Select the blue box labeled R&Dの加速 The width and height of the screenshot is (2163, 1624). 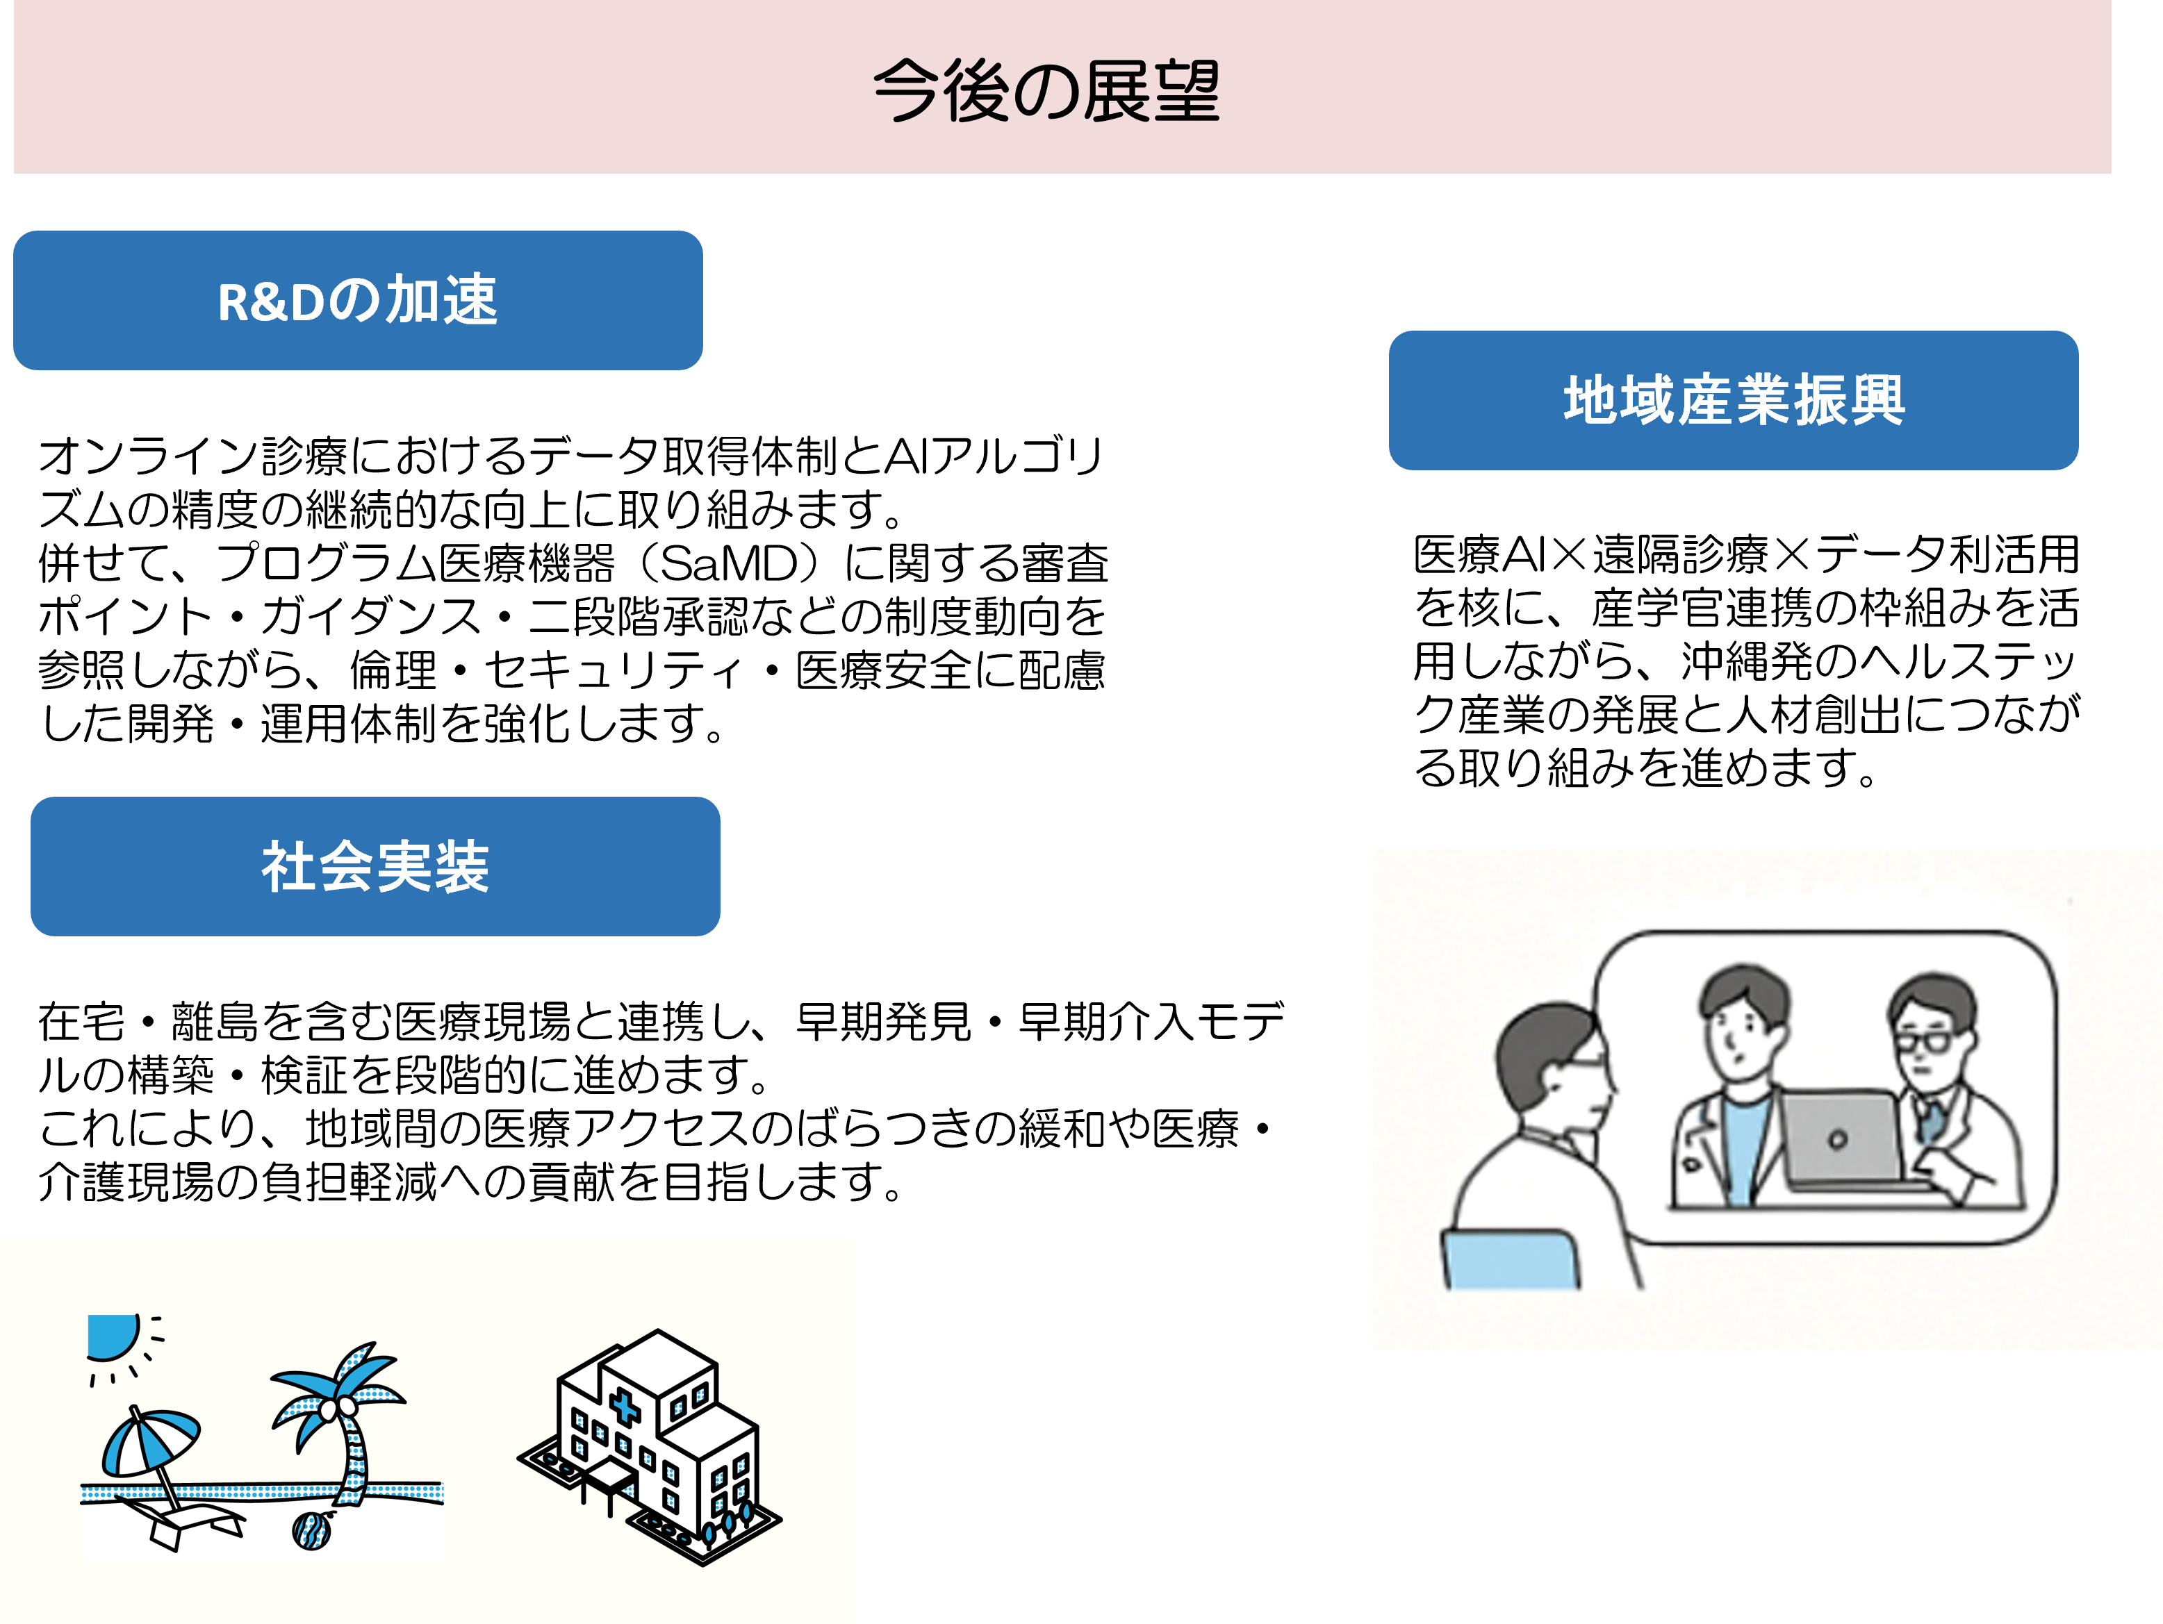pos(358,300)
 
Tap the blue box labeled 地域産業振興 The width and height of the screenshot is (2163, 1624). pos(1733,400)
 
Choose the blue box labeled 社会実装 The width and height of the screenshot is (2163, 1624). pos(375,866)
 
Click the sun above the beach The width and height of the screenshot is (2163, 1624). pos(110,1336)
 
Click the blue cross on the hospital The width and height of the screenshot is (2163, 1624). pos(625,1408)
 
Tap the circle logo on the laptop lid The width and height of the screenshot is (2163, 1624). pos(1837,1139)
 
